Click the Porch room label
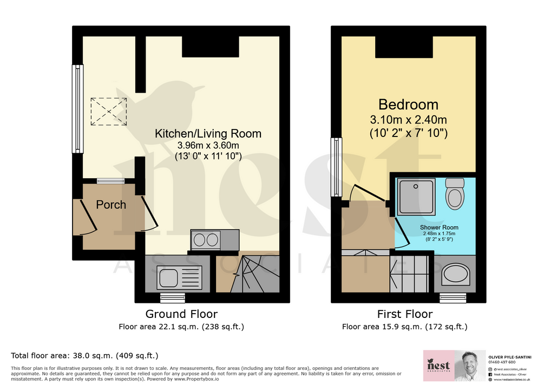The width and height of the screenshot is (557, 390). point(111,205)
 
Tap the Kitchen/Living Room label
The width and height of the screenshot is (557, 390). point(208,133)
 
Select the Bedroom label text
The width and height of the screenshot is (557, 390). point(408,105)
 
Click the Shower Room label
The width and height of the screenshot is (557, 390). point(439,227)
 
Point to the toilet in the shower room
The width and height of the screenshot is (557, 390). point(455,194)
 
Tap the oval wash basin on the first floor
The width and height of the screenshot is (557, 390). point(456,274)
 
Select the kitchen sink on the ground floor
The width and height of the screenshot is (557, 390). point(179,276)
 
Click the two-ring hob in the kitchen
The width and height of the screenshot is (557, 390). point(206,240)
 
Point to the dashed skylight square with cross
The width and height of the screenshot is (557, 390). point(109,111)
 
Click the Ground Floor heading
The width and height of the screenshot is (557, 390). point(181,314)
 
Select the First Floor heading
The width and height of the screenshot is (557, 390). point(405,314)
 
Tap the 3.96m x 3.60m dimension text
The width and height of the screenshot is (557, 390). point(208,146)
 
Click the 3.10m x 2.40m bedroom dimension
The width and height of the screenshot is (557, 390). point(408,120)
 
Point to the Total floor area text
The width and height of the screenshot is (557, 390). point(84,356)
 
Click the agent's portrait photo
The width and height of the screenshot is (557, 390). point(470,366)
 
